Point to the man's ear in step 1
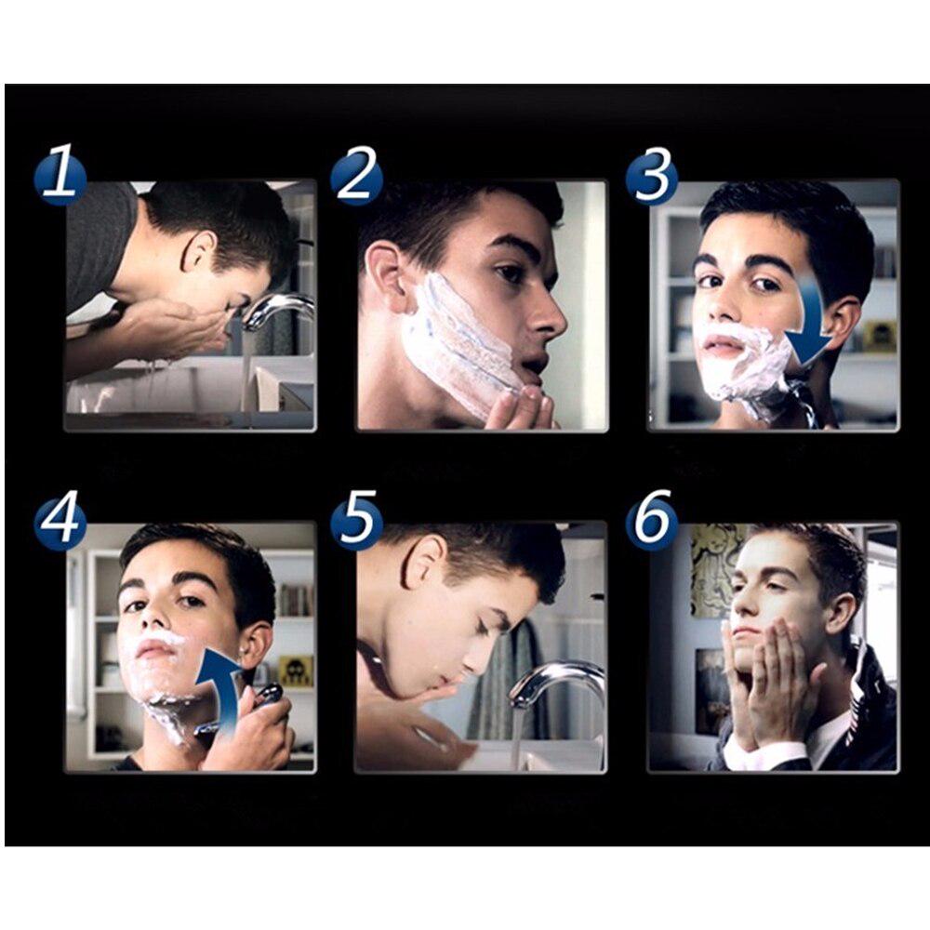201,252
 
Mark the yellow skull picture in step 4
295,670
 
